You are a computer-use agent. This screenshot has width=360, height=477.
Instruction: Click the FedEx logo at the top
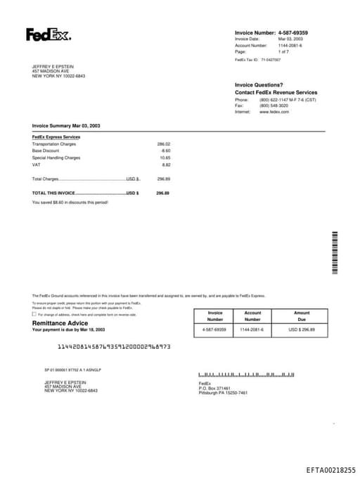click(x=48, y=34)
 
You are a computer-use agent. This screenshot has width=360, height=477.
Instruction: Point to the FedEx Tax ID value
click(x=271, y=60)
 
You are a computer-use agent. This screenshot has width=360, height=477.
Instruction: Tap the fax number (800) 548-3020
click(x=274, y=106)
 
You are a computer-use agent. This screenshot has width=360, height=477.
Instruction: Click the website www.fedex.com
click(x=274, y=112)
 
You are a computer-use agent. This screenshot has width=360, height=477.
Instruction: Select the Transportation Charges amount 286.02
click(x=163, y=144)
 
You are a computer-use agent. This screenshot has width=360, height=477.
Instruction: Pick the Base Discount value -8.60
click(x=165, y=151)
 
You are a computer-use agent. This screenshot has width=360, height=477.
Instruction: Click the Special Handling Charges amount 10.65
click(x=165, y=158)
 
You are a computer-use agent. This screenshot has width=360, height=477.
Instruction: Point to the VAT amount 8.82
click(x=166, y=165)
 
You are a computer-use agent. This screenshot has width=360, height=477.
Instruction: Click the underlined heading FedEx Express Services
click(x=56, y=136)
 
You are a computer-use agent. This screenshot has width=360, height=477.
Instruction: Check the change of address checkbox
click(x=34, y=314)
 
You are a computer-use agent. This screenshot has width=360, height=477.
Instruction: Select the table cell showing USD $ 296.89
click(x=302, y=329)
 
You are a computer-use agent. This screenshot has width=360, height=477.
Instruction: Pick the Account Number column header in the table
click(x=252, y=316)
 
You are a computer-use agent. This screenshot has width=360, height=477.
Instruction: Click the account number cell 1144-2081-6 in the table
click(x=252, y=329)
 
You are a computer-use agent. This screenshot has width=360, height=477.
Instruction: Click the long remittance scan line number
click(x=113, y=347)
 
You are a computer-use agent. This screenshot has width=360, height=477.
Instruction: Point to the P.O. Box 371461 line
click(x=214, y=388)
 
